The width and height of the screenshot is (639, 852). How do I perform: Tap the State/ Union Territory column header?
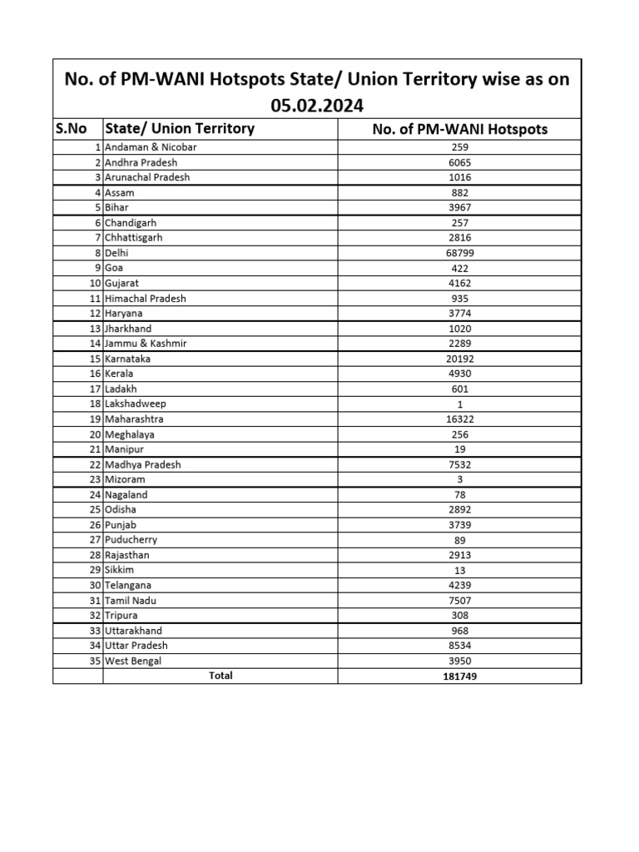coord(179,129)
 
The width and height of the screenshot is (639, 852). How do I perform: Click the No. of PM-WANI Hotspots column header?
coord(459,129)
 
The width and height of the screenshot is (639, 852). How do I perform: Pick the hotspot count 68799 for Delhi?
coord(459,253)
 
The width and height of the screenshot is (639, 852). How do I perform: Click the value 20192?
coord(459,359)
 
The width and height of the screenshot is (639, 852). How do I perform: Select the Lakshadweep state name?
coord(136,404)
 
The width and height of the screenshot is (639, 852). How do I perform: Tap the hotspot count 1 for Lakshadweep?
coord(459,404)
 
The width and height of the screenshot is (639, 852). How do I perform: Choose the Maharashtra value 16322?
coord(459,419)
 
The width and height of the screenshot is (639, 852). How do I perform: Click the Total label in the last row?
coord(220,676)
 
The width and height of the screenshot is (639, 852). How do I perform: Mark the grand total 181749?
coord(459,676)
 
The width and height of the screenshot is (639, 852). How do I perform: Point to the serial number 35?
coord(94,661)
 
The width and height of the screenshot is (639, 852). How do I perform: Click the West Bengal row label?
coord(133,661)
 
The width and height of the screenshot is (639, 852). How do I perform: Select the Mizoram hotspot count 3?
coord(459,480)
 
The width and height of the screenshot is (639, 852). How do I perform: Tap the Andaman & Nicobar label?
coord(151,147)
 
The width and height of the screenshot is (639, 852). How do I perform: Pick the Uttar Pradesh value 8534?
coord(459,646)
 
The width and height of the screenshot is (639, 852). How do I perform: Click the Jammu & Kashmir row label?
coord(146,344)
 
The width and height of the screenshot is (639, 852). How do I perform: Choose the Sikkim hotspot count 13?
coord(459,571)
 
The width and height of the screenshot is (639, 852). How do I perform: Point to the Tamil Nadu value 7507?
coord(459,601)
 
